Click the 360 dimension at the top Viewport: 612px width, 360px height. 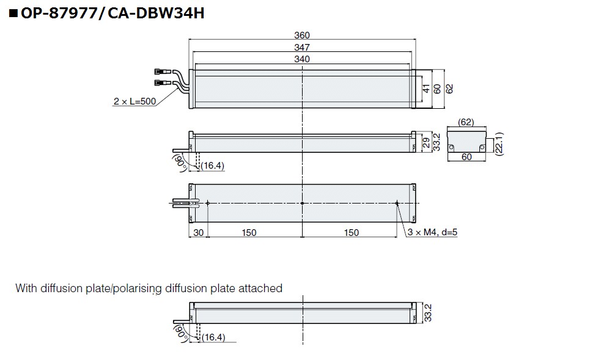pyautogui.click(x=303, y=35)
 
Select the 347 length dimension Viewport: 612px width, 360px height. pyautogui.click(x=302, y=48)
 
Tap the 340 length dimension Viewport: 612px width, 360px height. pyautogui.click(x=302, y=59)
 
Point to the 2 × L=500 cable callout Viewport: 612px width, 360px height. pyautogui.click(x=135, y=102)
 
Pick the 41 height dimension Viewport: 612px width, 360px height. pyautogui.click(x=427, y=89)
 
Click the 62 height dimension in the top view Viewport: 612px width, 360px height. pyautogui.click(x=449, y=89)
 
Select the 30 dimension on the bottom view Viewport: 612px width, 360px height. pyautogui.click(x=197, y=232)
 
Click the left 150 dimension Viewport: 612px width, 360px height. pyautogui.click(x=249, y=232)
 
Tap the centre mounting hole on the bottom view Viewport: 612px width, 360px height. pyautogui.click(x=303, y=203)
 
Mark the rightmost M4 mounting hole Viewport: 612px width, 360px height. pyautogui.click(x=397, y=203)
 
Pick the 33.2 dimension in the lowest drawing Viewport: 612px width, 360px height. pyautogui.click(x=427, y=313)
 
